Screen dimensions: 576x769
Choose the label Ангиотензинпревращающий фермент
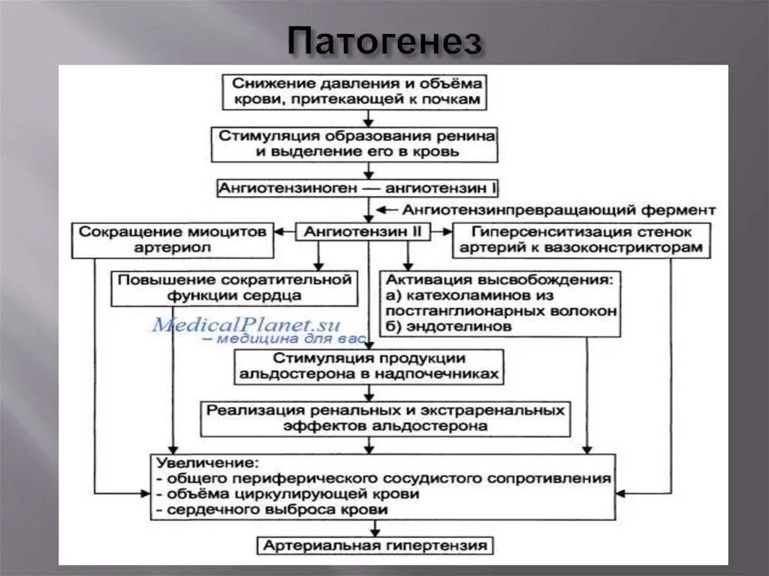point(559,210)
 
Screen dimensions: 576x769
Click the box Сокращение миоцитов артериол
point(173,240)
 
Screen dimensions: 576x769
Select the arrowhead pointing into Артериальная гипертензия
point(368,530)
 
